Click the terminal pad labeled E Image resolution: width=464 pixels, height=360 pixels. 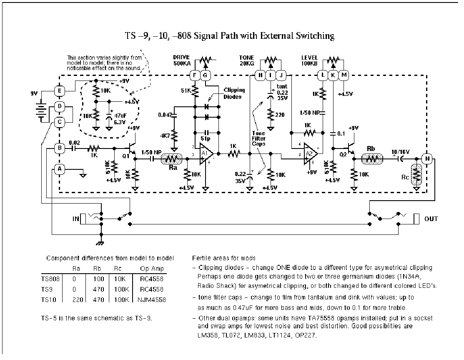pos(60,90)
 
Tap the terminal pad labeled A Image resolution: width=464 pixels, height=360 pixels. pos(60,169)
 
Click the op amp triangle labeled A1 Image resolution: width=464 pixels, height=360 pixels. pos(205,153)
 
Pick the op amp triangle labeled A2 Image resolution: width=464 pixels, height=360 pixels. pos(310,153)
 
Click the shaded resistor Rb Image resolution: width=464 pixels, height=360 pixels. pos(371,159)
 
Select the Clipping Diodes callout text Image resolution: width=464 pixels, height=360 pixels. pos(234,93)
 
